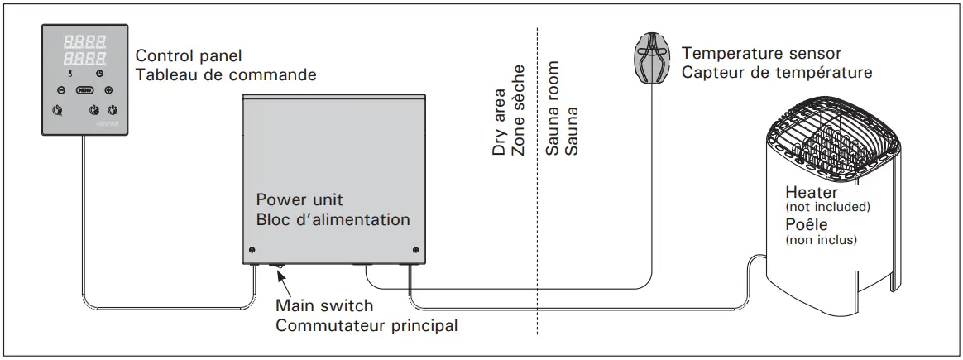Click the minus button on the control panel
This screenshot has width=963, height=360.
(x=60, y=89)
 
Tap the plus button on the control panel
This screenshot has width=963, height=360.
(x=108, y=89)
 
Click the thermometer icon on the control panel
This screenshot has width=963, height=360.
(x=70, y=74)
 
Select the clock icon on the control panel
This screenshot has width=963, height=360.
(x=99, y=74)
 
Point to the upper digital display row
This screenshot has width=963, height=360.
(x=84, y=41)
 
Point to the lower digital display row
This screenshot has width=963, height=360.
(x=84, y=58)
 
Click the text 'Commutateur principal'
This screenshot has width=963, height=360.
(x=366, y=325)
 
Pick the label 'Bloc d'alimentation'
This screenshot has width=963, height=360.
(x=333, y=220)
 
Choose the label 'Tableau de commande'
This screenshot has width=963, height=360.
(x=225, y=74)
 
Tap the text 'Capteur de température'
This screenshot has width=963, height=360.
(x=776, y=73)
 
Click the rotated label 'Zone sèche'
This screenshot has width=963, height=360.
(x=519, y=121)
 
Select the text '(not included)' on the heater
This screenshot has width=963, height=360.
(x=827, y=207)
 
